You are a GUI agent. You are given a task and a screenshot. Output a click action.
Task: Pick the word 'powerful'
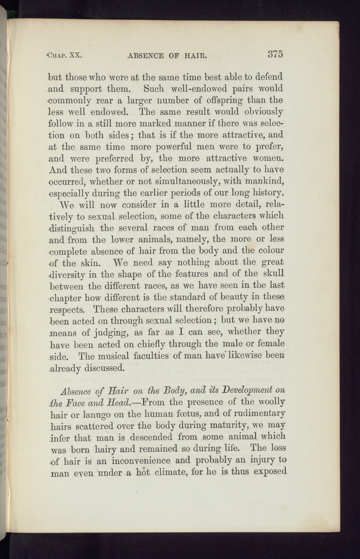[x=160, y=147]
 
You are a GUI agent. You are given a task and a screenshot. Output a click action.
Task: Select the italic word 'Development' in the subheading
[x=243, y=390]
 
